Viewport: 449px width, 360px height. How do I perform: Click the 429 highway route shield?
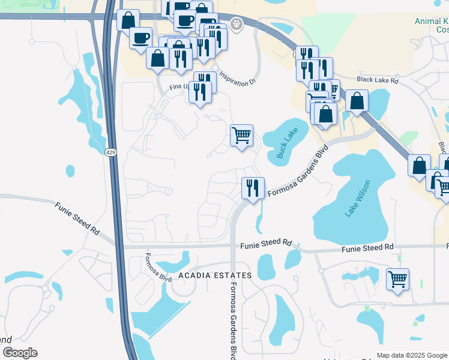click(x=111, y=154)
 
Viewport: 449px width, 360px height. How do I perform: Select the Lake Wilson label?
click(x=358, y=198)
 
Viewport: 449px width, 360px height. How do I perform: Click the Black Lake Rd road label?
click(x=377, y=79)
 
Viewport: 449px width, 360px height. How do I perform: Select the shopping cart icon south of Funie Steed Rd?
click(x=397, y=278)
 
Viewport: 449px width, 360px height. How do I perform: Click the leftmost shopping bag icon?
click(x=128, y=20)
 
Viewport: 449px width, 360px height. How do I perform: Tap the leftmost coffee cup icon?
click(x=141, y=37)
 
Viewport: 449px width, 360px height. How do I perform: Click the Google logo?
click(x=20, y=353)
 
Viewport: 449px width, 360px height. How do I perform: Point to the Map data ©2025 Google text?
click(x=412, y=355)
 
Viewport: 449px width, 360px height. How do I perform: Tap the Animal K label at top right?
click(x=431, y=21)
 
